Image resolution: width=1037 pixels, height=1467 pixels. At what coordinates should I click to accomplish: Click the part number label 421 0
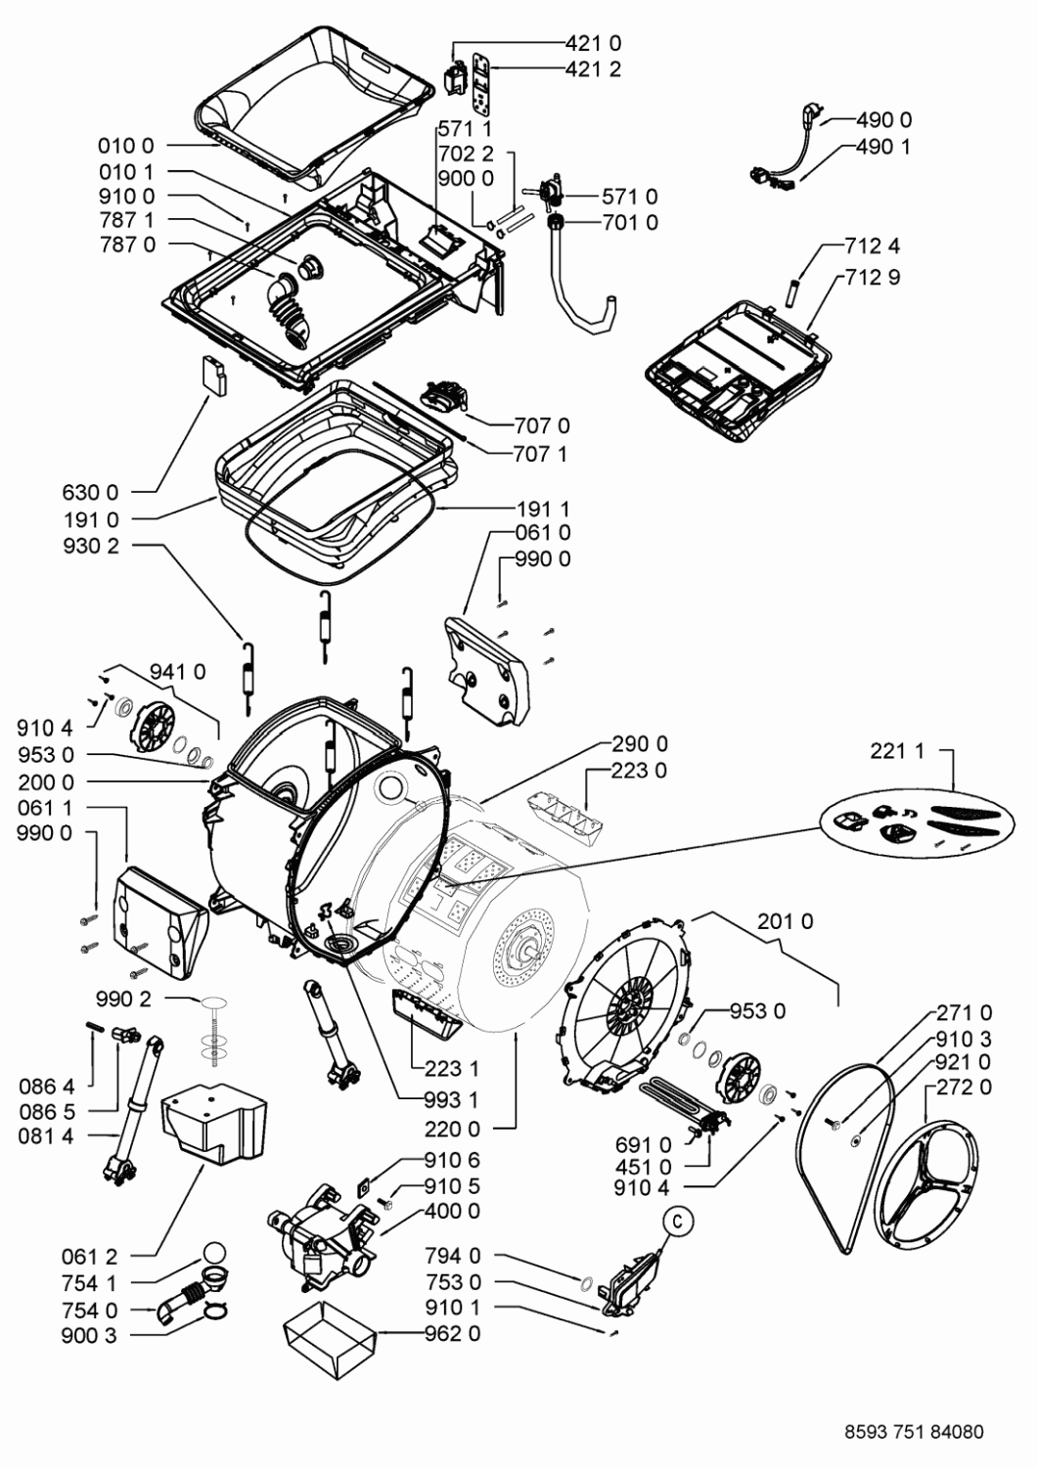593,43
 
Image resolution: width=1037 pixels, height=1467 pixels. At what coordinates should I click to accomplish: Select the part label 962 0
452,1333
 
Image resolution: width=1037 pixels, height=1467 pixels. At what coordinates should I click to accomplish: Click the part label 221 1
896,751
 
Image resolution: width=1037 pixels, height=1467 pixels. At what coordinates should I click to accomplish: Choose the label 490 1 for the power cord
883,147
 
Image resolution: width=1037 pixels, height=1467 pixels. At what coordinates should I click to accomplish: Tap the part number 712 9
873,277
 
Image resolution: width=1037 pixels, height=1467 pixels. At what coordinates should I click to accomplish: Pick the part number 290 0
640,743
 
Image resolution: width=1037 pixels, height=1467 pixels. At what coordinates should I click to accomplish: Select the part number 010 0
126,147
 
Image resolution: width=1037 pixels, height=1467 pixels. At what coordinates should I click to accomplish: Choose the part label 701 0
630,223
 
